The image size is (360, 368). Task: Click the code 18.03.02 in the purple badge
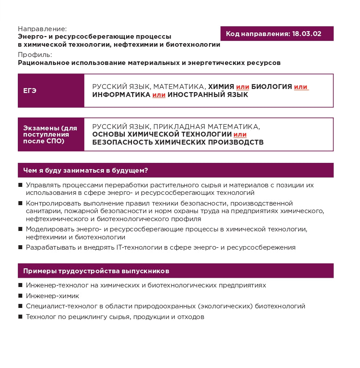(x=307, y=34)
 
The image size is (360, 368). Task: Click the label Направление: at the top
(x=42, y=28)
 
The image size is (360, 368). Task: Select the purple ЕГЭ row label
(x=30, y=91)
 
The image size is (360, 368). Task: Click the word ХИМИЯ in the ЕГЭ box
(x=221, y=87)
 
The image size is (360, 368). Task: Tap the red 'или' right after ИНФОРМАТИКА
(x=159, y=95)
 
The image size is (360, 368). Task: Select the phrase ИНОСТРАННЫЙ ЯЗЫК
(x=208, y=95)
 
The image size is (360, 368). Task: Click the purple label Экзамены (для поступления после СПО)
(x=50, y=134)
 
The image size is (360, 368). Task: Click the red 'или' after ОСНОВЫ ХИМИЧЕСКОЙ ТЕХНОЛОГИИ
(x=240, y=134)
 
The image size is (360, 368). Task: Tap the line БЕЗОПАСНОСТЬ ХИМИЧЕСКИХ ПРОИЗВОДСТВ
(x=178, y=142)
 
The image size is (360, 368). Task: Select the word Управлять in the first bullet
(x=42, y=184)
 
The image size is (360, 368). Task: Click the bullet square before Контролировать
(x=20, y=203)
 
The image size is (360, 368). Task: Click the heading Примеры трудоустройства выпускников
(x=96, y=271)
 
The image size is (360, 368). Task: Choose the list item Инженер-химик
(x=53, y=296)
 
